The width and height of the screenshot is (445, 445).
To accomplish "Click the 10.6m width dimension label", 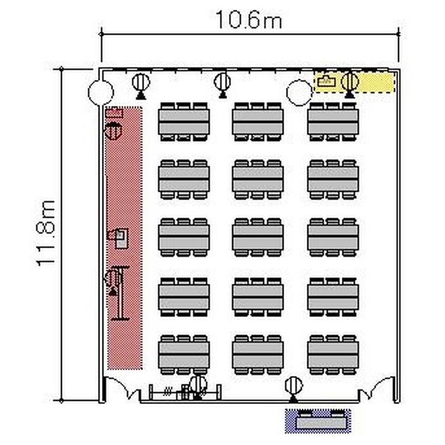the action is pos(249,20).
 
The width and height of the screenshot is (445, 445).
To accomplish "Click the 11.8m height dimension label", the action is pos(46,233).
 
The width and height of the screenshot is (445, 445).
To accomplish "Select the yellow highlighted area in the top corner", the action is pos(354,82).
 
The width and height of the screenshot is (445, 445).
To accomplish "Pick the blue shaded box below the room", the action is pos(318,421).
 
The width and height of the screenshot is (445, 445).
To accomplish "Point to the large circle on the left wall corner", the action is pos(101,93).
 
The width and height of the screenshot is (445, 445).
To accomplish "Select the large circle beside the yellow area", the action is pos(299,93).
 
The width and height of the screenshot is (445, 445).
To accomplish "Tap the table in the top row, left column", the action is pos(184,122).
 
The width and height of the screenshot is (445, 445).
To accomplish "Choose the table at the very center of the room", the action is pos(258,237).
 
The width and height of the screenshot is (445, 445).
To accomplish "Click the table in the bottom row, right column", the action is pos(333,355).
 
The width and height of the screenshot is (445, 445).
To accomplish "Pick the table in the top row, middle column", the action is pos(258,122).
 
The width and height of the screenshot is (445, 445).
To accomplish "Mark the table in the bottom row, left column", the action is pos(184,355).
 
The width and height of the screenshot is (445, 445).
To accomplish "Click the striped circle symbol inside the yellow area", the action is pos(349,81).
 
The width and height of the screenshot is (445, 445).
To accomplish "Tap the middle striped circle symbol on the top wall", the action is pos(223,82).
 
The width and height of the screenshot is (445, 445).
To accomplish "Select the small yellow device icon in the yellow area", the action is pos(326,82).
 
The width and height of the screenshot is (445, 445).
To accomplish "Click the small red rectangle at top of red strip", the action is pos(114,112).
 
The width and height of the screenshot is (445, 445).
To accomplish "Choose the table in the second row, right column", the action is pos(333,179).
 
